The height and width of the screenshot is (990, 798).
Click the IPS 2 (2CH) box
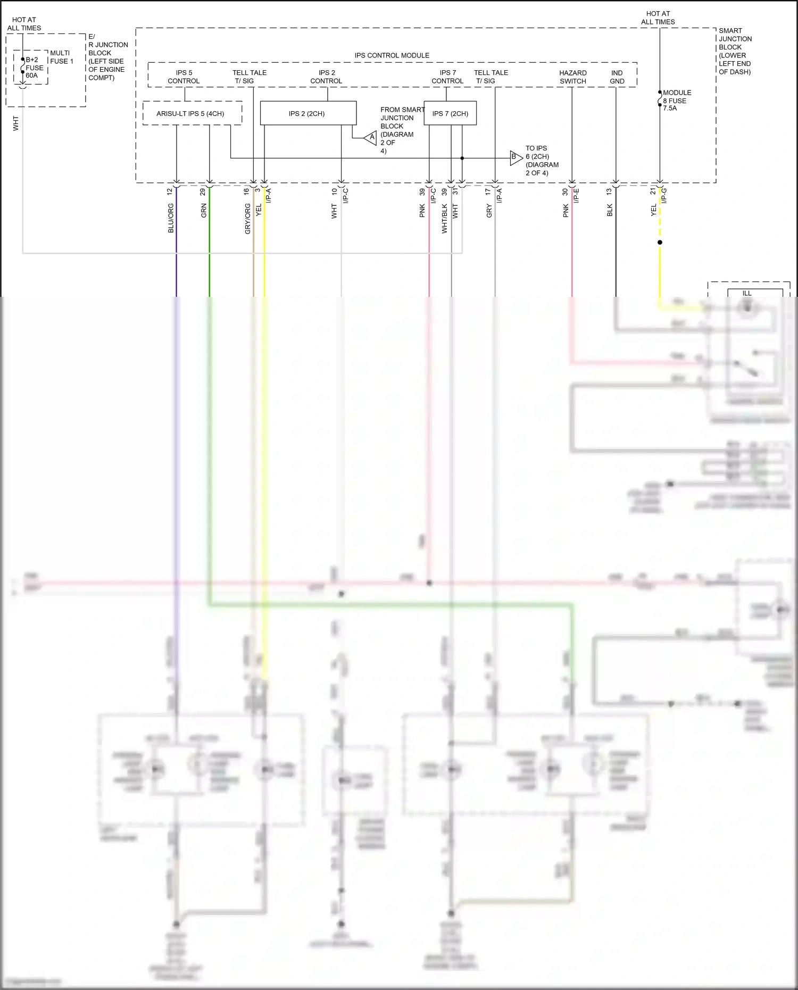pyautogui.click(x=307, y=113)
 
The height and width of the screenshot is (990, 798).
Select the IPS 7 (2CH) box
pyautogui.click(x=450, y=113)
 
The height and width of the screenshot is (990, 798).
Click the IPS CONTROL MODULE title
pyautogui.click(x=392, y=55)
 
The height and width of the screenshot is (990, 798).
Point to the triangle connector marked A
pyautogui.click(x=371, y=138)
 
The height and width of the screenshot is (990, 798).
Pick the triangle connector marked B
pyautogui.click(x=515, y=157)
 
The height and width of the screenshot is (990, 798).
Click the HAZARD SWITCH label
pyautogui.click(x=573, y=77)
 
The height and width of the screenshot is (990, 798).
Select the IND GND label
pyautogui.click(x=617, y=77)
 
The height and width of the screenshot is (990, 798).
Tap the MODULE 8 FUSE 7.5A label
pyautogui.click(x=676, y=100)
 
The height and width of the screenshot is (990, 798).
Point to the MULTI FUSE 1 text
pyautogui.click(x=62, y=57)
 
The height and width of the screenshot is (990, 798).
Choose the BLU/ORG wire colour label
pyautogui.click(x=171, y=218)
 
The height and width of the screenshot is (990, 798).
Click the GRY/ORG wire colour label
pyautogui.click(x=247, y=219)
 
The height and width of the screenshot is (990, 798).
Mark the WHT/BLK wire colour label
pyautogui.click(x=445, y=219)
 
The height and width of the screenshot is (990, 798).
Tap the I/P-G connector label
pyautogui.click(x=664, y=196)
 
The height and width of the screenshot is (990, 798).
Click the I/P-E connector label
pyautogui.click(x=576, y=196)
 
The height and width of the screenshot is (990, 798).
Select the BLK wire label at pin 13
pyautogui.click(x=610, y=210)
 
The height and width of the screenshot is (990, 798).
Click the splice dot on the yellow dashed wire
pyautogui.click(x=660, y=243)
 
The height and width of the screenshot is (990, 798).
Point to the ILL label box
pyautogui.click(x=747, y=293)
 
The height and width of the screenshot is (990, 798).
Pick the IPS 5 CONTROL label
pyautogui.click(x=184, y=77)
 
